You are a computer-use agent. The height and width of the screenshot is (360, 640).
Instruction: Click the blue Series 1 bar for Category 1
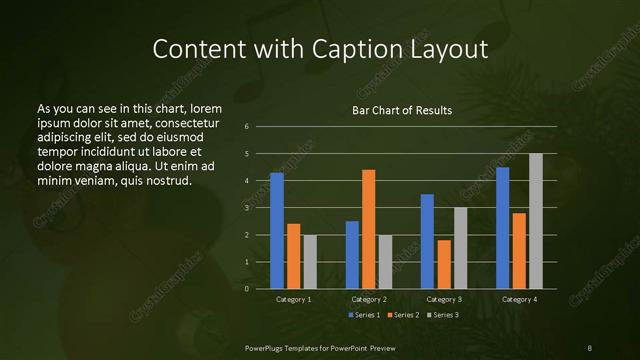coord(277,231)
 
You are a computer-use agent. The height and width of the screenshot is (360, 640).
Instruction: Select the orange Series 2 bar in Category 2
coord(368,229)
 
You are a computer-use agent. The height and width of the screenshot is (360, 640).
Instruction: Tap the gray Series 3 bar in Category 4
coord(536,221)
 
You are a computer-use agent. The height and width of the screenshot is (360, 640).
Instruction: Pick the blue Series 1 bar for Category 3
coord(427,241)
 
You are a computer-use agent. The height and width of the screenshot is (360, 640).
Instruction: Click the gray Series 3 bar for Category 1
coord(310,262)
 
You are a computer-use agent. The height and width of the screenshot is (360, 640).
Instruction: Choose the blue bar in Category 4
coord(502,228)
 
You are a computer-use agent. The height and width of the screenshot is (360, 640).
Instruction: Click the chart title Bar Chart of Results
coord(402,110)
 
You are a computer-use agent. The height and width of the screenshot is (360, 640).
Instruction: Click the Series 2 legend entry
coord(403,315)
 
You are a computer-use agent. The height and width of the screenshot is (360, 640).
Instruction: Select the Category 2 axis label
coord(369,299)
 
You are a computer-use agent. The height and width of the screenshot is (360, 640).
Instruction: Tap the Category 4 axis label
coord(519,299)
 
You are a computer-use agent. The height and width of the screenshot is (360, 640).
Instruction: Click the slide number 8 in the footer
coord(589,346)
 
